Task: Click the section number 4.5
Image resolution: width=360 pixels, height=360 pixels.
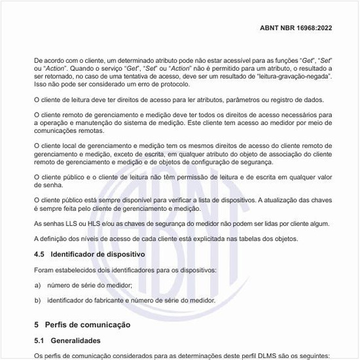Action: point(39,254)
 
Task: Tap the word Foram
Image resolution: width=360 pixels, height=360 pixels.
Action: point(43,270)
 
